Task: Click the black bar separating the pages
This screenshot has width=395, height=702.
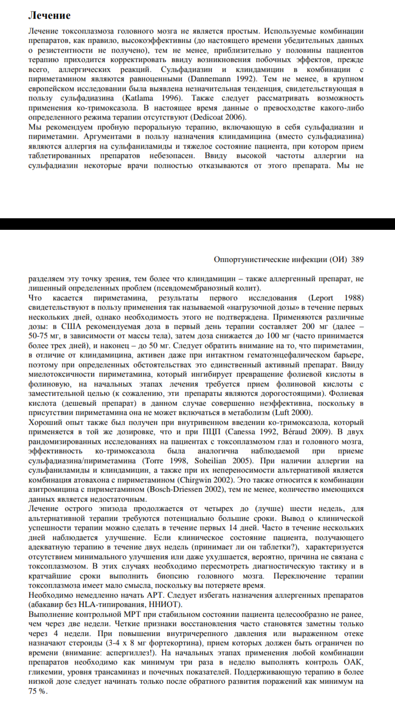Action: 198,224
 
